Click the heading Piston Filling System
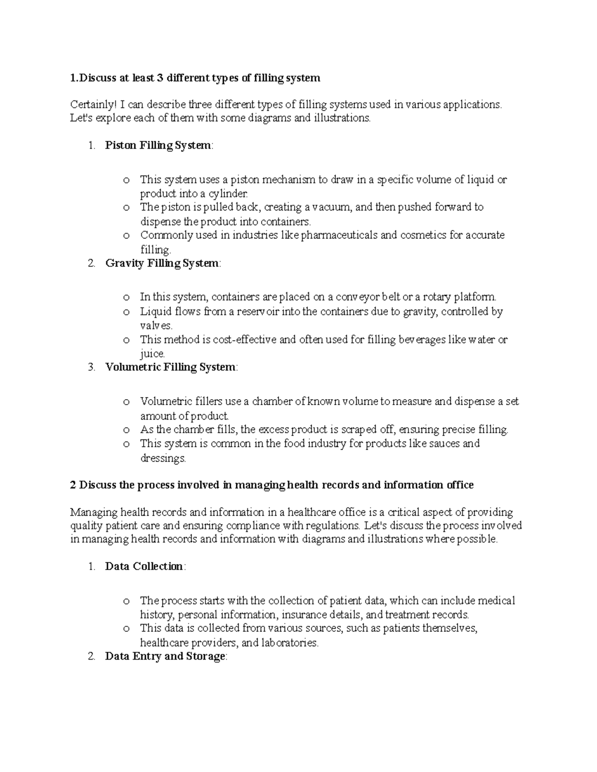point(158,146)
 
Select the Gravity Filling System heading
point(162,263)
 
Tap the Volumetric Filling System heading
point(170,367)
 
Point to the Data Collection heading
point(144,567)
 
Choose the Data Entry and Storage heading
point(165,656)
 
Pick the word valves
point(156,326)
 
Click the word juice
point(152,354)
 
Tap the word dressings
point(162,458)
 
